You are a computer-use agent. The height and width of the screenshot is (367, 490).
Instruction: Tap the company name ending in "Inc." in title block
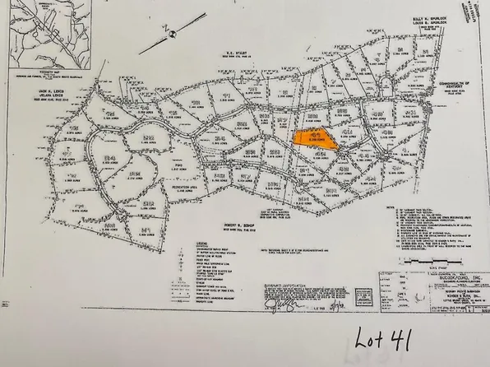[437, 276]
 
